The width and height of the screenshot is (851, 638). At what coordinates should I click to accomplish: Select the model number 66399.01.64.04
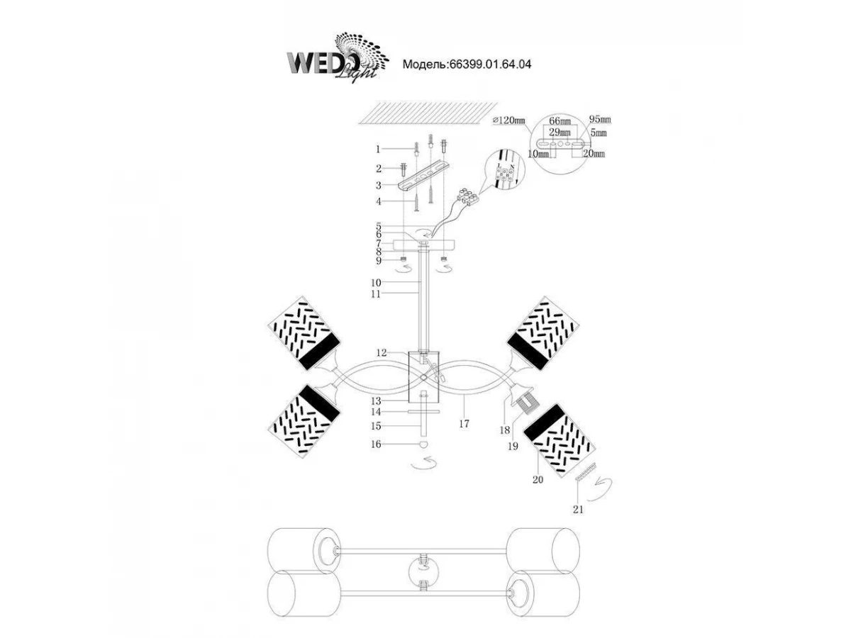pyautogui.click(x=467, y=64)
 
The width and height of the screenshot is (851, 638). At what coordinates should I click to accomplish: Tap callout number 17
pyautogui.click(x=465, y=424)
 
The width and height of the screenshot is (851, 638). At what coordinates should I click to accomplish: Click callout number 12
pyautogui.click(x=382, y=352)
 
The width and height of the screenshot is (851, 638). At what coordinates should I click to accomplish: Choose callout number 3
pyautogui.click(x=379, y=185)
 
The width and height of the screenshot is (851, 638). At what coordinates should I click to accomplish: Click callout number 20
pyautogui.click(x=538, y=479)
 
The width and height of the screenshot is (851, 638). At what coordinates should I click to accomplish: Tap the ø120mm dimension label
pyautogui.click(x=508, y=121)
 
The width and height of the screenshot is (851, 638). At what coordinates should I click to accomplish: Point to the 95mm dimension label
pyautogui.click(x=600, y=119)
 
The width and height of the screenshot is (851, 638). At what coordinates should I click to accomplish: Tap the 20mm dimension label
pyautogui.click(x=594, y=153)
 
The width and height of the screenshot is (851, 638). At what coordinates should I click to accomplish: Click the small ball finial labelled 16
pyautogui.click(x=423, y=444)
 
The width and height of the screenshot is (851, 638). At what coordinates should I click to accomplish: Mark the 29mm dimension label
pyautogui.click(x=560, y=133)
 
